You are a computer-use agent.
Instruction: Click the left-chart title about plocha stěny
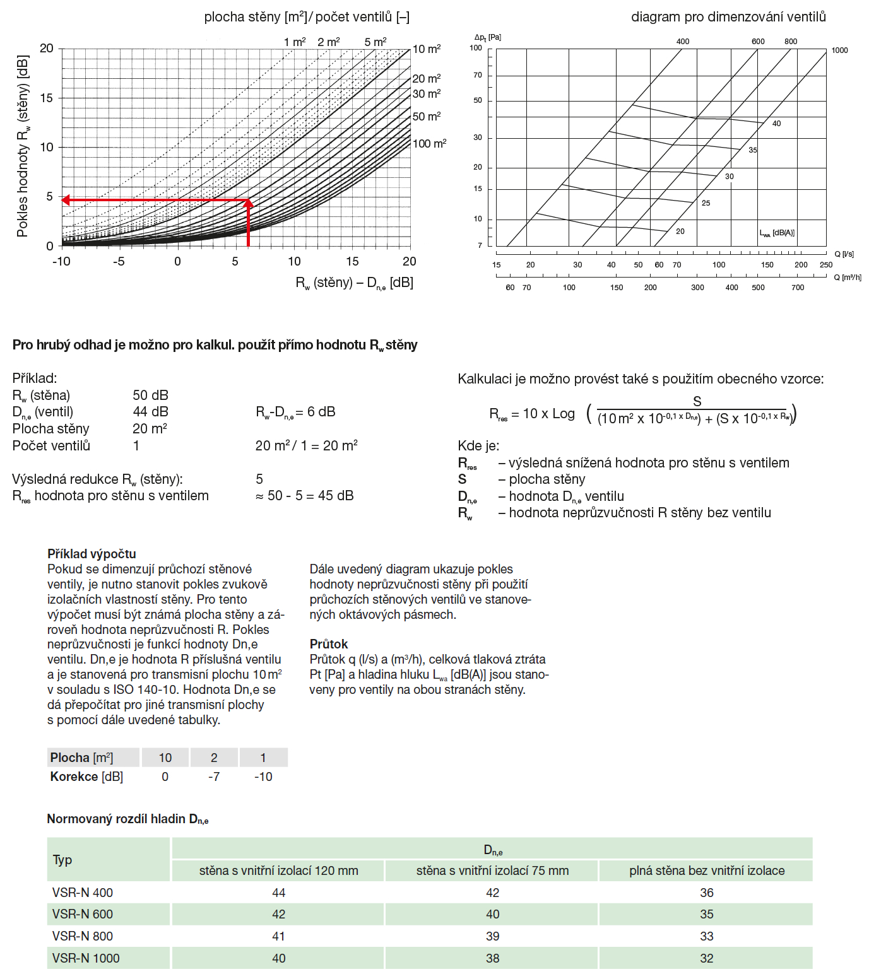[307, 17]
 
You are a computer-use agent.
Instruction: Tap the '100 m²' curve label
[429, 144]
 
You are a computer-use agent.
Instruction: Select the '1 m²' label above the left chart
[295, 42]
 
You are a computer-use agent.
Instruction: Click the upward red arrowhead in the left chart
[248, 204]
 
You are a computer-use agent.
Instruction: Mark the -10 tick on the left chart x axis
[61, 261]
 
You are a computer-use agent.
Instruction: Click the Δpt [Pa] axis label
[487, 37]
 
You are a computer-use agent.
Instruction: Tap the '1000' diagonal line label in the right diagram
[839, 50]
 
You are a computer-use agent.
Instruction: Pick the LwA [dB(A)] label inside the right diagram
[777, 233]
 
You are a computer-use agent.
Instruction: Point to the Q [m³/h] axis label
[847, 277]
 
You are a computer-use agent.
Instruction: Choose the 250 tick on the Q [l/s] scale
[825, 265]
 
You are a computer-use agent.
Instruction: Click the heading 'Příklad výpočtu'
[92, 554]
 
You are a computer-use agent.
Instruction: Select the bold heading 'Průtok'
[329, 644]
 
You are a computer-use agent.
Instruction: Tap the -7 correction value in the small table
[214, 777]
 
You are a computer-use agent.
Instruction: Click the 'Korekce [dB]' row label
[86, 777]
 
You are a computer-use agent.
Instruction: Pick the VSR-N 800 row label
[83, 936]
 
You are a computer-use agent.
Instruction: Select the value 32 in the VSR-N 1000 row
[706, 958]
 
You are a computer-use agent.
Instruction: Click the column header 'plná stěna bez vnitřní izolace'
[706, 871]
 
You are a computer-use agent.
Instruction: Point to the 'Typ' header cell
[62, 860]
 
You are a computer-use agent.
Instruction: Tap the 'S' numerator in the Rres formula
[697, 401]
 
